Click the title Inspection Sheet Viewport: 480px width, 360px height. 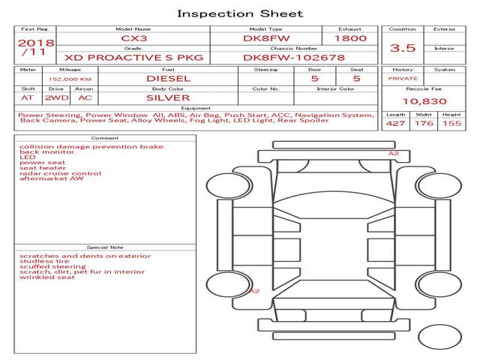pyautogui.click(x=240, y=13)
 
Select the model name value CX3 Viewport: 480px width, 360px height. pyautogui.click(x=134, y=38)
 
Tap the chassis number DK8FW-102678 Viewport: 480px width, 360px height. pyautogui.click(x=294, y=58)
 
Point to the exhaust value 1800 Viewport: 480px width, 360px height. pyautogui.click(x=350, y=38)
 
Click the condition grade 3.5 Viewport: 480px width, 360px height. pyautogui.click(x=403, y=48)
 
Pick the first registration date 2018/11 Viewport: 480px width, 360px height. pyautogui.click(x=36, y=47)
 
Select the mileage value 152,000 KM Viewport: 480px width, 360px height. pyautogui.click(x=70, y=79)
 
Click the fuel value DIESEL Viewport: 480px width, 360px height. pyautogui.click(x=168, y=79)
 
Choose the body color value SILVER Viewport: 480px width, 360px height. pyautogui.click(x=168, y=98)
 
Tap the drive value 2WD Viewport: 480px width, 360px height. pyautogui.click(x=57, y=98)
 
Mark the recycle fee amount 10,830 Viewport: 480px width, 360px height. pyautogui.click(x=424, y=101)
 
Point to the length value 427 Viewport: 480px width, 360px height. pyautogui.click(x=395, y=123)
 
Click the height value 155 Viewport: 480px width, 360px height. pyautogui.click(x=451, y=123)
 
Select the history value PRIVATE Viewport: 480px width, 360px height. pyautogui.click(x=403, y=79)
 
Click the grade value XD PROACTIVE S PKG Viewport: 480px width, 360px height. pyautogui.click(x=133, y=58)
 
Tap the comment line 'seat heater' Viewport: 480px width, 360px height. pyautogui.click(x=43, y=168)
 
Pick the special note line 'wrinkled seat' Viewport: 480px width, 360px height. pyautogui.click(x=47, y=277)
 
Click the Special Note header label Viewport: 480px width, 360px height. pyautogui.click(x=105, y=247)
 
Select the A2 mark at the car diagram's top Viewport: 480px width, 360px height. pyautogui.click(x=394, y=153)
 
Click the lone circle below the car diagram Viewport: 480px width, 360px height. pyautogui.click(x=439, y=337)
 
